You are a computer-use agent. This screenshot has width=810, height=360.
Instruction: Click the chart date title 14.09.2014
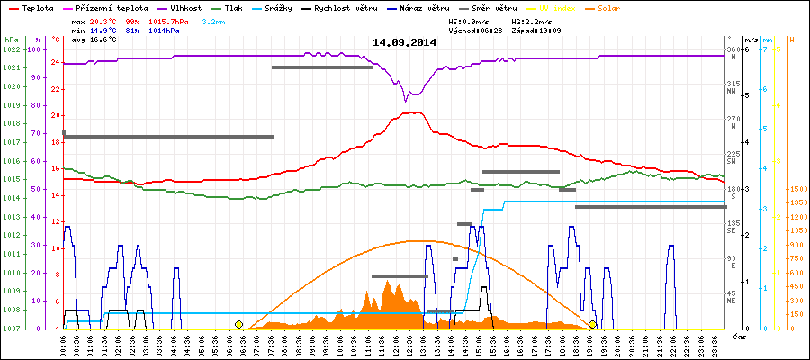click(404, 42)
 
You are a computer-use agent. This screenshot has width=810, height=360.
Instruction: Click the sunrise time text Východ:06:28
click(475, 31)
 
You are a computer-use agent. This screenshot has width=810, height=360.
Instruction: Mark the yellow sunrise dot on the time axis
click(238, 324)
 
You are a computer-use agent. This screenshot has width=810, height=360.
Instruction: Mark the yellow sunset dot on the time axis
click(592, 324)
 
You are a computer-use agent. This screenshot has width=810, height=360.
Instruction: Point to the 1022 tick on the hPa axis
click(11, 49)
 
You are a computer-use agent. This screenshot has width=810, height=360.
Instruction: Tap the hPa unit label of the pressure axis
click(11, 40)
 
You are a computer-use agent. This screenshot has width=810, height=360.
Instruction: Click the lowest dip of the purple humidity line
click(407, 96)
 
